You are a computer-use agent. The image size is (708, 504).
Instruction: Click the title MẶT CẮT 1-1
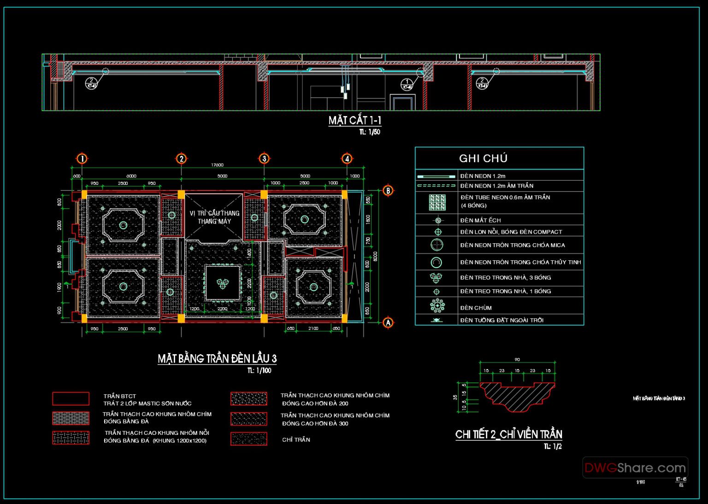coord(354,121)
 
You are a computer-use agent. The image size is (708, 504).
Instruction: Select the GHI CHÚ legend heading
coord(483,158)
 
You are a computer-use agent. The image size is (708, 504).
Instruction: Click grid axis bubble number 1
coord(82,159)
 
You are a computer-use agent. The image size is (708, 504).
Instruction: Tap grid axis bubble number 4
coord(347,159)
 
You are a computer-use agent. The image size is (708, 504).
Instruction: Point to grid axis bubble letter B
coord(388,191)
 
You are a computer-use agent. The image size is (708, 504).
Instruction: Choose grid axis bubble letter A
coord(388,322)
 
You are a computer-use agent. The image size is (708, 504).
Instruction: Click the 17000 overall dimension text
coord(217,165)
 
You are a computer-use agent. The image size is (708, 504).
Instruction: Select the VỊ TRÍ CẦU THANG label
coord(214,213)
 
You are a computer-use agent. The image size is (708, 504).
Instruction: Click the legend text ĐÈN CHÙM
coord(476,308)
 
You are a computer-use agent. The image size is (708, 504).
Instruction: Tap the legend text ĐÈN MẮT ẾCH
coord(480,220)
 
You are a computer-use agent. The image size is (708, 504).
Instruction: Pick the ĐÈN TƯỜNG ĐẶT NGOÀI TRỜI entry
coord(501,320)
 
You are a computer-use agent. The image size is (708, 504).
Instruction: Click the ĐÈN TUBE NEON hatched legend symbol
coord(437,202)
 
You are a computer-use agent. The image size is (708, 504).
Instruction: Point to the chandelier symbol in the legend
coord(437,305)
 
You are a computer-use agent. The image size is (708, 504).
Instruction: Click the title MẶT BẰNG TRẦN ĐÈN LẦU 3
coord(217,359)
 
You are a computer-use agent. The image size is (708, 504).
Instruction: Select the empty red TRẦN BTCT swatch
coord(71,399)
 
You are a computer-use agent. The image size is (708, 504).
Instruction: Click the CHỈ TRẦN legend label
coord(296,440)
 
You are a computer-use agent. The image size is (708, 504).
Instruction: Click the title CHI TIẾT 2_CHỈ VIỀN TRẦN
coord(508,434)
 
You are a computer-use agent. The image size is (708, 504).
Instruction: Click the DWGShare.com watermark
coord(635,468)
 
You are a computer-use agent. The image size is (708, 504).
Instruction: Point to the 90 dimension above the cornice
coord(517,360)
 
